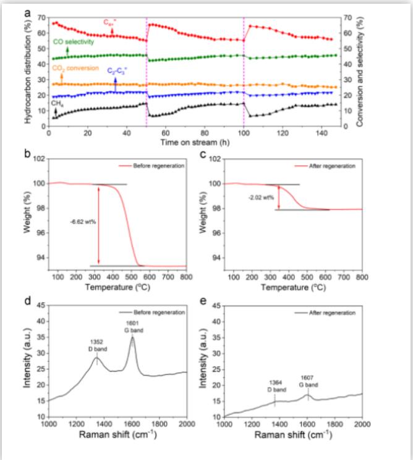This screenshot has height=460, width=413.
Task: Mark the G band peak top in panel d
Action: point(132,337)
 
